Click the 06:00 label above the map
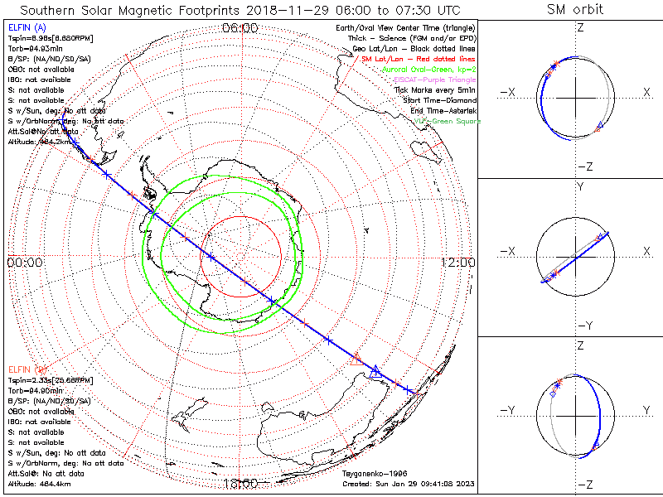pyautogui.click(x=240, y=28)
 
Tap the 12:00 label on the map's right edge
pyautogui.click(x=457, y=262)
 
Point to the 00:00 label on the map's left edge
pyautogui.click(x=24, y=262)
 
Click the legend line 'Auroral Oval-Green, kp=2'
pyautogui.click(x=428, y=70)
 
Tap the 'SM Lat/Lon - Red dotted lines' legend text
pyautogui.click(x=419, y=60)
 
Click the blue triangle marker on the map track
pyautogui.click(x=375, y=370)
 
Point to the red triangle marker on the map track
pyautogui.click(x=357, y=359)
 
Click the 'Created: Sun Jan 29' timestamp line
pyautogui.click(x=409, y=484)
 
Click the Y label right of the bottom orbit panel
pyautogui.click(x=646, y=410)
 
